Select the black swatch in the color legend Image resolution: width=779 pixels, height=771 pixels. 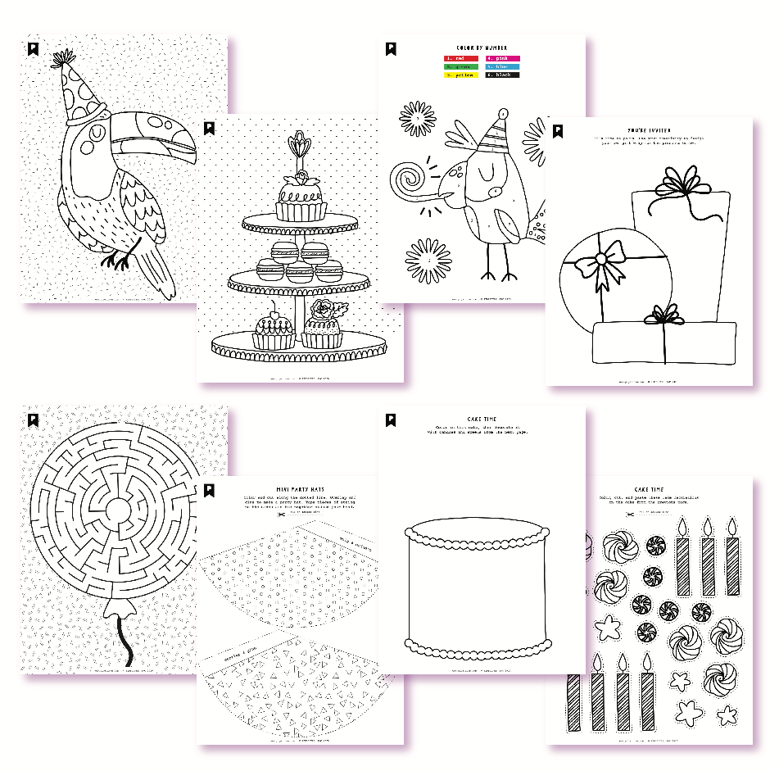coord(502,75)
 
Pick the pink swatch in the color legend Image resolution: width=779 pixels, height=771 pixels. coord(502,59)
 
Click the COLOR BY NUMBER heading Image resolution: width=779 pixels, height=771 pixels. coord(482,48)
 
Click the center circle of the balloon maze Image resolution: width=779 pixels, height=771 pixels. coord(116,509)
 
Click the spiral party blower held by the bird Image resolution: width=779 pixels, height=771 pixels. coord(409,181)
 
